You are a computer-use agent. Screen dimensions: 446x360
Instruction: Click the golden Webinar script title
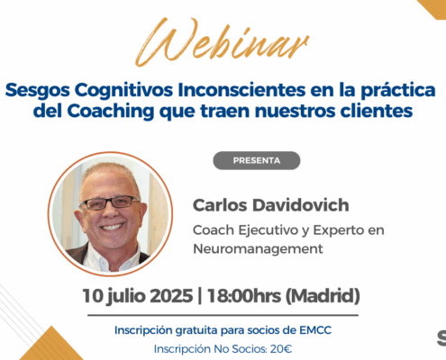coord(222,41)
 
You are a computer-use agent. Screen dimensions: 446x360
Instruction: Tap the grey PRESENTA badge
coord(257,160)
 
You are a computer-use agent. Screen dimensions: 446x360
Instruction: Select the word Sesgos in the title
coord(37,91)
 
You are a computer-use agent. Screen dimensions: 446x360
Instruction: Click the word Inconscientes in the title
coord(241,90)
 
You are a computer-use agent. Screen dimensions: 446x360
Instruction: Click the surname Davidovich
coord(301,205)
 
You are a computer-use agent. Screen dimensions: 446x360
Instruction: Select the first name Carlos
coord(220,205)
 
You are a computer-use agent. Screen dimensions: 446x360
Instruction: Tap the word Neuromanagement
coord(258,248)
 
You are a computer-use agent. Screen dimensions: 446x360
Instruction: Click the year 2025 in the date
coord(171,296)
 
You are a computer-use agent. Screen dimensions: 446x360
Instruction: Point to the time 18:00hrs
coord(244,296)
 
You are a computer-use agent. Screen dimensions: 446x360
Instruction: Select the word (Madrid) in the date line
coord(323,296)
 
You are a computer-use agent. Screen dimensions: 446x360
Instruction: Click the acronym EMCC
coord(315,330)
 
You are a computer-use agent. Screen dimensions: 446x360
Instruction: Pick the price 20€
coord(281,349)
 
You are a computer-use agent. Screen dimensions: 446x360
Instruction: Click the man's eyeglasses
coord(110,202)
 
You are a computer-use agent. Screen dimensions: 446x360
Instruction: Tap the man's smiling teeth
coord(112,227)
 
